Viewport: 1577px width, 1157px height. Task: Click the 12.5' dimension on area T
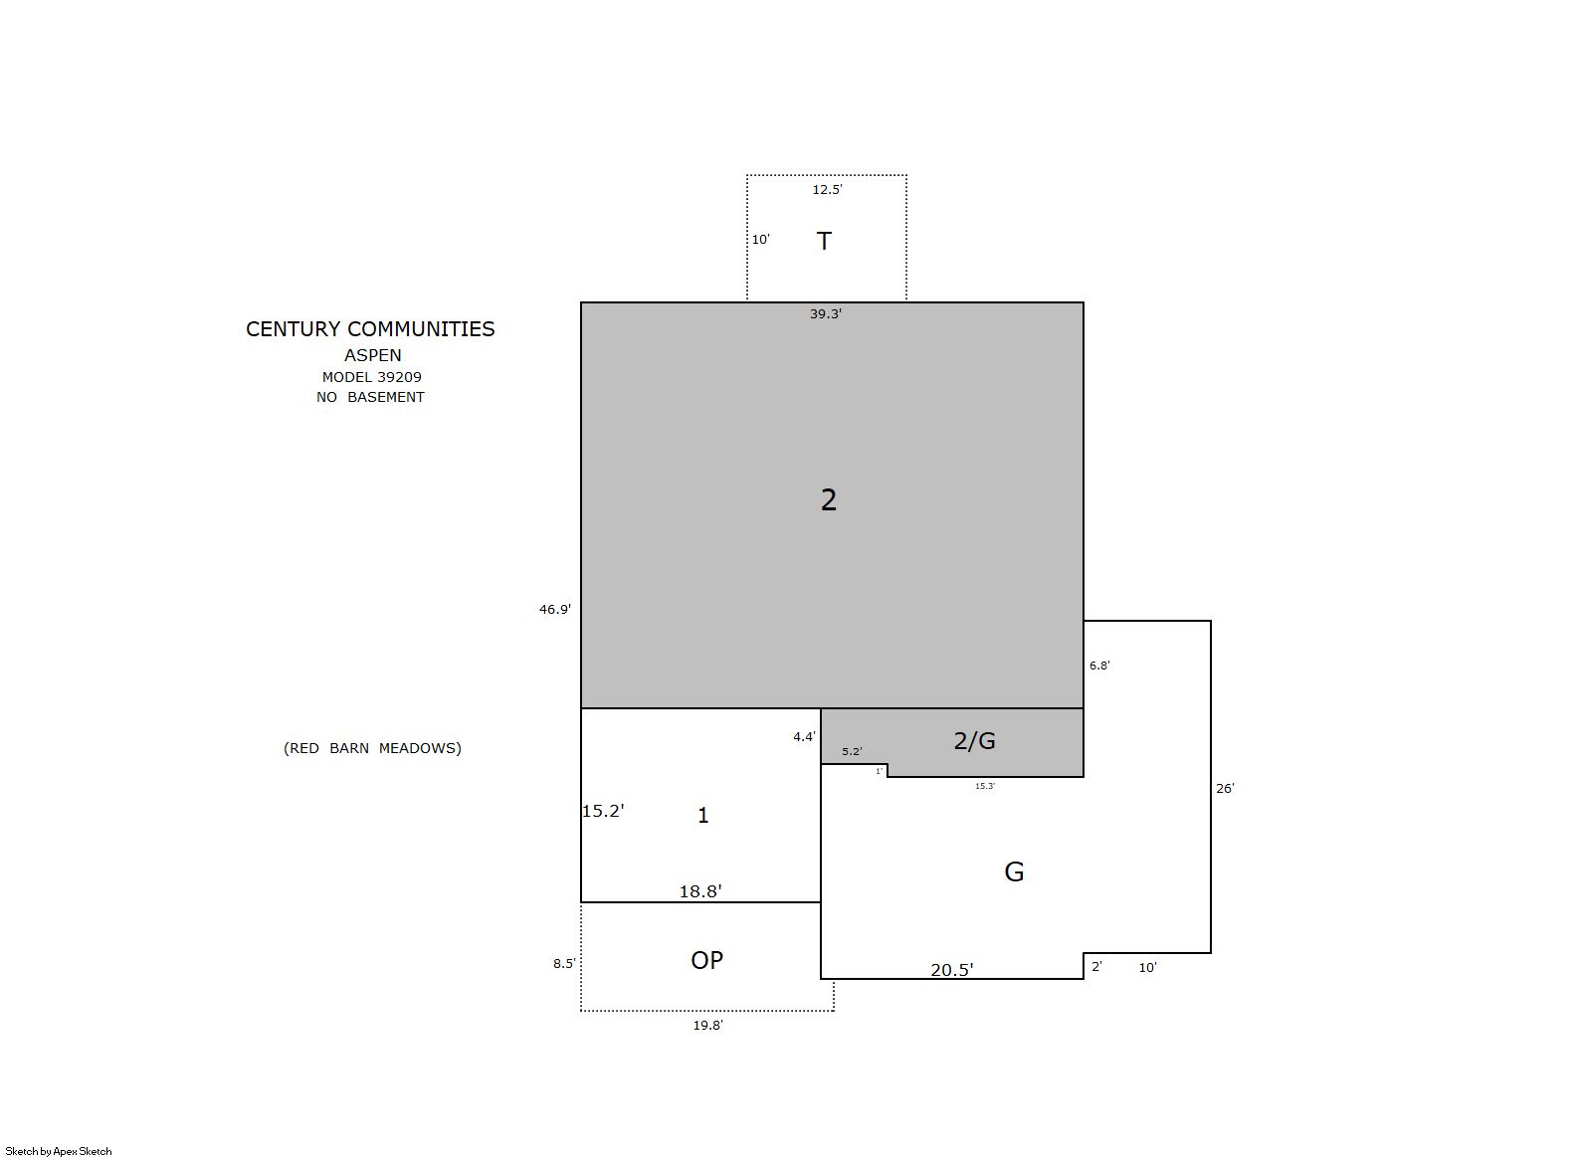[x=827, y=189]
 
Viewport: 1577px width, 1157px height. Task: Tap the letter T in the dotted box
[x=824, y=241]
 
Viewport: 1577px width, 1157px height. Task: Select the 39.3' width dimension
[x=825, y=314]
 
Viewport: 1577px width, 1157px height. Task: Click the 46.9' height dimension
[x=555, y=610]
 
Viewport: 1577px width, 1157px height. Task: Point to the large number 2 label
[x=829, y=499]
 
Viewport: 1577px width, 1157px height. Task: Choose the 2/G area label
[x=974, y=740]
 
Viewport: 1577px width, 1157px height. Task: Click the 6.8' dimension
[x=1099, y=666]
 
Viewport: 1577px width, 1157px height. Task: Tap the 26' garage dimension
[x=1225, y=788]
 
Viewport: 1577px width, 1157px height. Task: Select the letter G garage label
[x=1014, y=871]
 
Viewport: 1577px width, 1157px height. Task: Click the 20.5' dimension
[x=952, y=970]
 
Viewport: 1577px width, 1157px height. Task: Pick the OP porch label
[x=706, y=960]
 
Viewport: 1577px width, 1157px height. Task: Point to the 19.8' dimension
[x=707, y=1026]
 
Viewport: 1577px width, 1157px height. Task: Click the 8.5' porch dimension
[x=564, y=963]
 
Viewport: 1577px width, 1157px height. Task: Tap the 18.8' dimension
[x=700, y=891]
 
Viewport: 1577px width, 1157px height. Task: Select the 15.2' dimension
[x=603, y=811]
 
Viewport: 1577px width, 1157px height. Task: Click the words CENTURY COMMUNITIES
[x=370, y=328]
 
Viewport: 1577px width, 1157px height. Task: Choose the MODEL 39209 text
[x=372, y=377]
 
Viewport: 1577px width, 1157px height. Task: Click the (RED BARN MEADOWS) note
[x=372, y=748]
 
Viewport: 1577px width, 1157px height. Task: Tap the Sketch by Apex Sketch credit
[x=59, y=1151]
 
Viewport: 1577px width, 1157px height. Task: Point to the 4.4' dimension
[x=804, y=737]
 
